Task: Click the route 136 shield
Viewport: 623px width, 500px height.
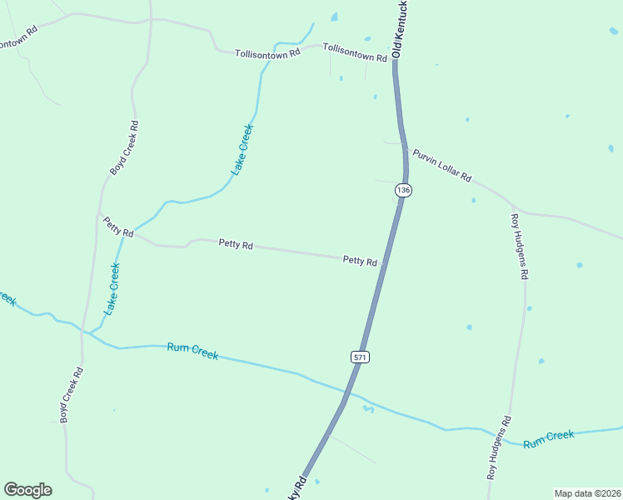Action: point(403,190)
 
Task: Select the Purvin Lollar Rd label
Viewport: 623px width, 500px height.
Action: point(441,166)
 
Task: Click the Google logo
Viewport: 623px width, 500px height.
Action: point(27,490)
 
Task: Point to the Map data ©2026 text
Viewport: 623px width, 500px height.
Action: point(587,493)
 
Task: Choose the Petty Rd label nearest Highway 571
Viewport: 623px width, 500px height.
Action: point(360,261)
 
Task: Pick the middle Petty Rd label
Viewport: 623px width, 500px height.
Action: point(236,244)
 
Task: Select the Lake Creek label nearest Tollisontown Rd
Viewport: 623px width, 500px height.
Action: point(242,149)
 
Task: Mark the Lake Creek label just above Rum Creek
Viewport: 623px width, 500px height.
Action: point(112,288)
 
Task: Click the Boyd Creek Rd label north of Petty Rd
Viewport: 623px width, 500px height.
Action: point(124,147)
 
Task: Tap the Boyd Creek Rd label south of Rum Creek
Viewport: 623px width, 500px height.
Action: point(70,395)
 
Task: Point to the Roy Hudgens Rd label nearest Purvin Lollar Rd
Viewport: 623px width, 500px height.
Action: point(520,247)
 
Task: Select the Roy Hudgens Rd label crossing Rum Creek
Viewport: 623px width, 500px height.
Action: point(498,448)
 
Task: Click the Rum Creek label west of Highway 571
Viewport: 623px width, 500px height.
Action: point(192,351)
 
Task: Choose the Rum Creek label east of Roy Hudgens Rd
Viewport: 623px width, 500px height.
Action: point(549,438)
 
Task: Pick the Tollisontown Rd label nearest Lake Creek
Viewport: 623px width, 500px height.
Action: point(267,54)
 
